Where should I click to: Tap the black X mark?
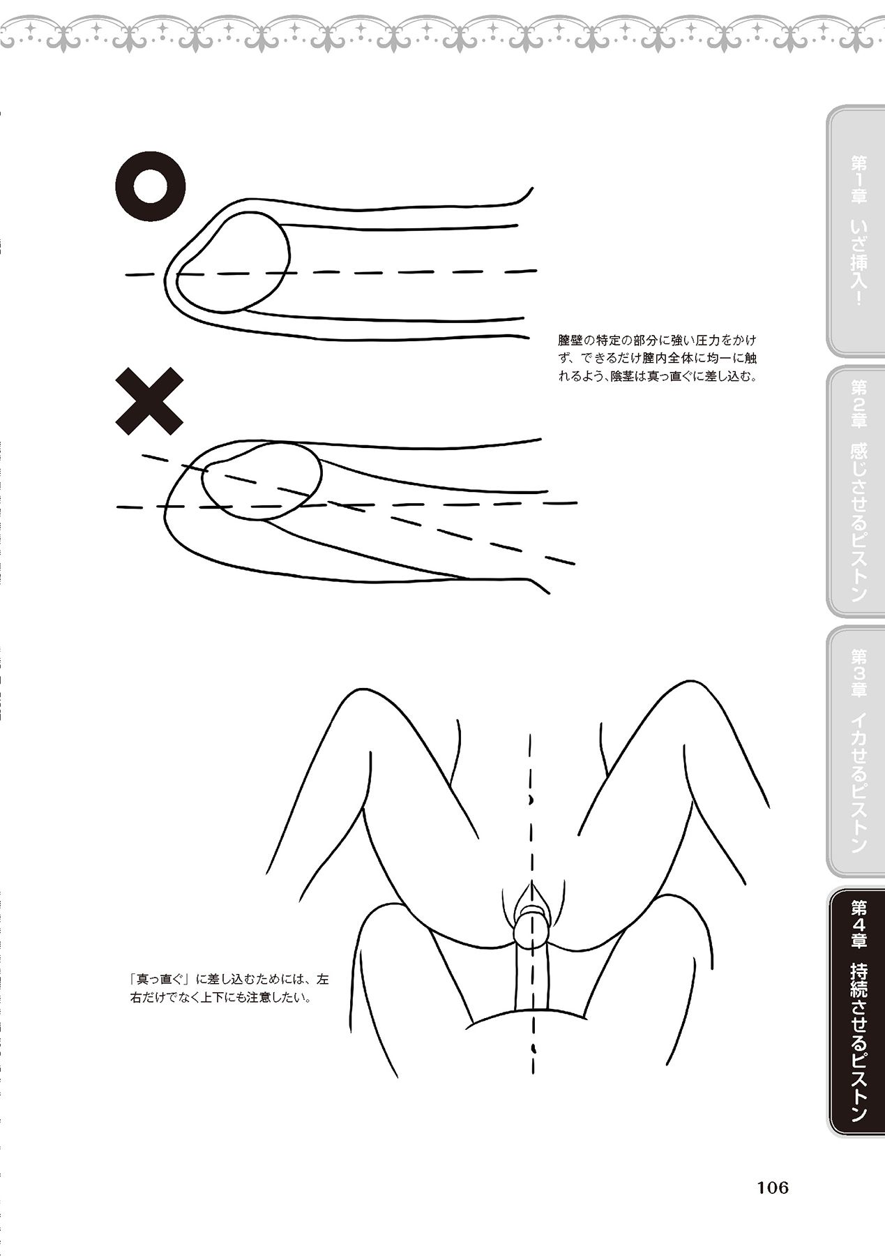coord(149,401)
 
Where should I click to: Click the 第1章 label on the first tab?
coord(858,179)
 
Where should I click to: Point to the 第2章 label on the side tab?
coord(858,403)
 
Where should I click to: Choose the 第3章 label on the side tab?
coord(858,673)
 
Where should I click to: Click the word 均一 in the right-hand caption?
coord(714,359)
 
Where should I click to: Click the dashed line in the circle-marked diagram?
coord(331,273)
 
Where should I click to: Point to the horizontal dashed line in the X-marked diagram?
coord(347,505)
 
